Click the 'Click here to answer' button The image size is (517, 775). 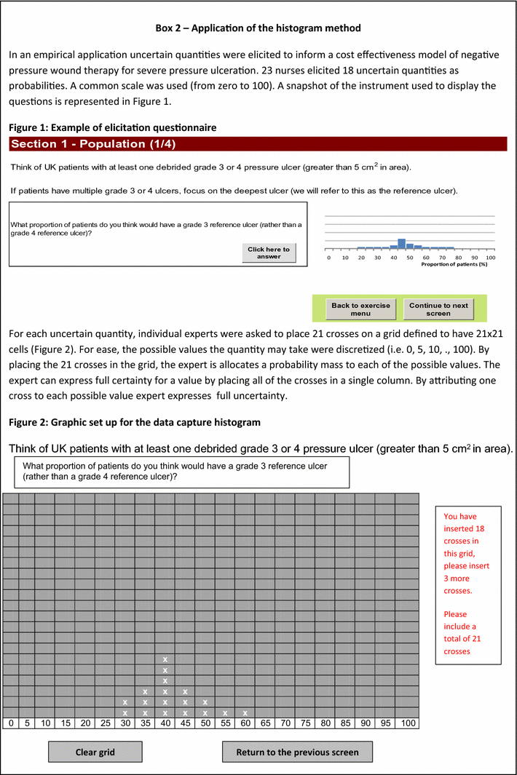269,253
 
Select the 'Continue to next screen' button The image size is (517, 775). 438,309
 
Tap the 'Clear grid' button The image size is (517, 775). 95,752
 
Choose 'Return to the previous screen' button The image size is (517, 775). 296,752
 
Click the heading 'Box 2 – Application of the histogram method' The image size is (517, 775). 258,28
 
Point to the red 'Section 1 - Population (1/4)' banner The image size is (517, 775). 257,143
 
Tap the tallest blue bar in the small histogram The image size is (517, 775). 401,243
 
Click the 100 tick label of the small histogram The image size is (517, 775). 490,258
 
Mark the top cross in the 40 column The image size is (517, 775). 165,659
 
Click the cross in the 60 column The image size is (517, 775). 245,712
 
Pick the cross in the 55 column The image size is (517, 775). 225,712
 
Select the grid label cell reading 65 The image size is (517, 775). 265,723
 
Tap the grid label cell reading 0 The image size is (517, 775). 11,723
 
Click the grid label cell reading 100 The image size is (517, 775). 408,723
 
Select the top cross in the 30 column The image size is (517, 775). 125,702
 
